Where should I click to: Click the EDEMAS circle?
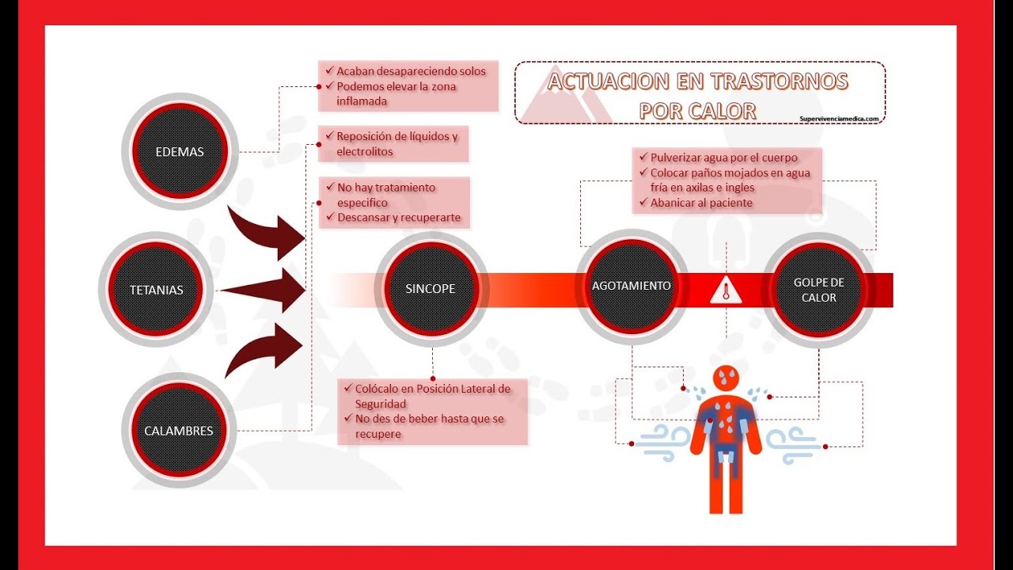click(x=180, y=151)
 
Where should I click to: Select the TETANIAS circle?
click(x=156, y=290)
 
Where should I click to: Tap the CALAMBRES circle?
click(x=179, y=430)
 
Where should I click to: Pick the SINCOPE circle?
click(x=431, y=289)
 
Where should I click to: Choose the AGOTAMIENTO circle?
click(x=632, y=287)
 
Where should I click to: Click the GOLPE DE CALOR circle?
click(x=818, y=290)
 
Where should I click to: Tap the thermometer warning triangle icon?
click(x=726, y=290)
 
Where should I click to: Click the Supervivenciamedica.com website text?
click(x=839, y=119)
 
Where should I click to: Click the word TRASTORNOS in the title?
click(x=779, y=82)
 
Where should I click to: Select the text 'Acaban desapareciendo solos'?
click(x=411, y=71)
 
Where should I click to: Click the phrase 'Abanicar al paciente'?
click(x=701, y=203)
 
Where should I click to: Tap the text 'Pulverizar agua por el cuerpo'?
click(x=723, y=158)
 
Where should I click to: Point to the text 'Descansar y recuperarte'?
click(x=399, y=217)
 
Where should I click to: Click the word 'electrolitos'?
click(x=365, y=151)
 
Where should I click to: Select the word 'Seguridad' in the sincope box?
click(x=381, y=404)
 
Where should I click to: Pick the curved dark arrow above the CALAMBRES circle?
click(x=264, y=351)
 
